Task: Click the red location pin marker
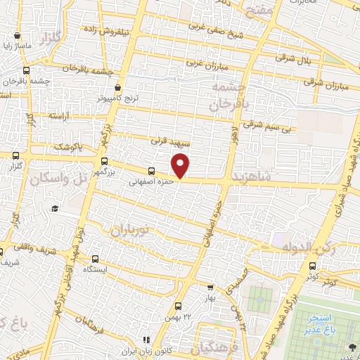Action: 181,166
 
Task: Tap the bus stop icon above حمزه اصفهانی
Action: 152,171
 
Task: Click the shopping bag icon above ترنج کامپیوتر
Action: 118,87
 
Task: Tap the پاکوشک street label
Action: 68,146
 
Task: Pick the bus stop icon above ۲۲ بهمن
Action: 177,305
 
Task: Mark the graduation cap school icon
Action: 55,209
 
